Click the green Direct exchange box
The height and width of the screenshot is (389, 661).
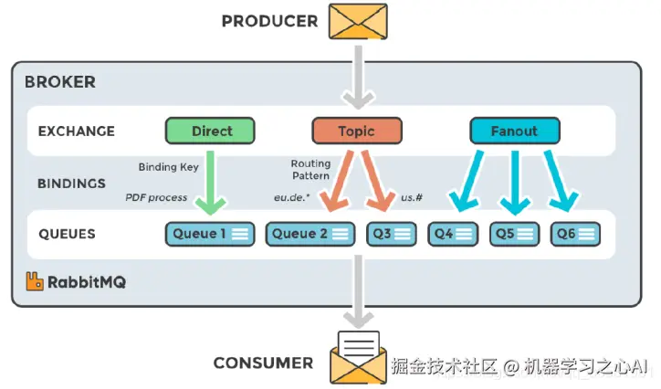[211, 131]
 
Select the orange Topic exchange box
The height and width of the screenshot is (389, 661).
[356, 131]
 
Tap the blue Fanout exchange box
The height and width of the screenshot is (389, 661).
[513, 131]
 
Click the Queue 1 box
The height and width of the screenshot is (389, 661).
[210, 234]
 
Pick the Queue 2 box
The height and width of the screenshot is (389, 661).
[311, 234]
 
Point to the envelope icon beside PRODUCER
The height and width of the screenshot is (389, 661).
[357, 20]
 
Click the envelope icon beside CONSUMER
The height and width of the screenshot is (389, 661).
[357, 357]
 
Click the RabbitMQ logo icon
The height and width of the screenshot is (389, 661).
[35, 281]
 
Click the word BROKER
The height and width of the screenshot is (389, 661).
[60, 82]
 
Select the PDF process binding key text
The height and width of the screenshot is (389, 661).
[156, 197]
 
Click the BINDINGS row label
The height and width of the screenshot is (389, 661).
[72, 183]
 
